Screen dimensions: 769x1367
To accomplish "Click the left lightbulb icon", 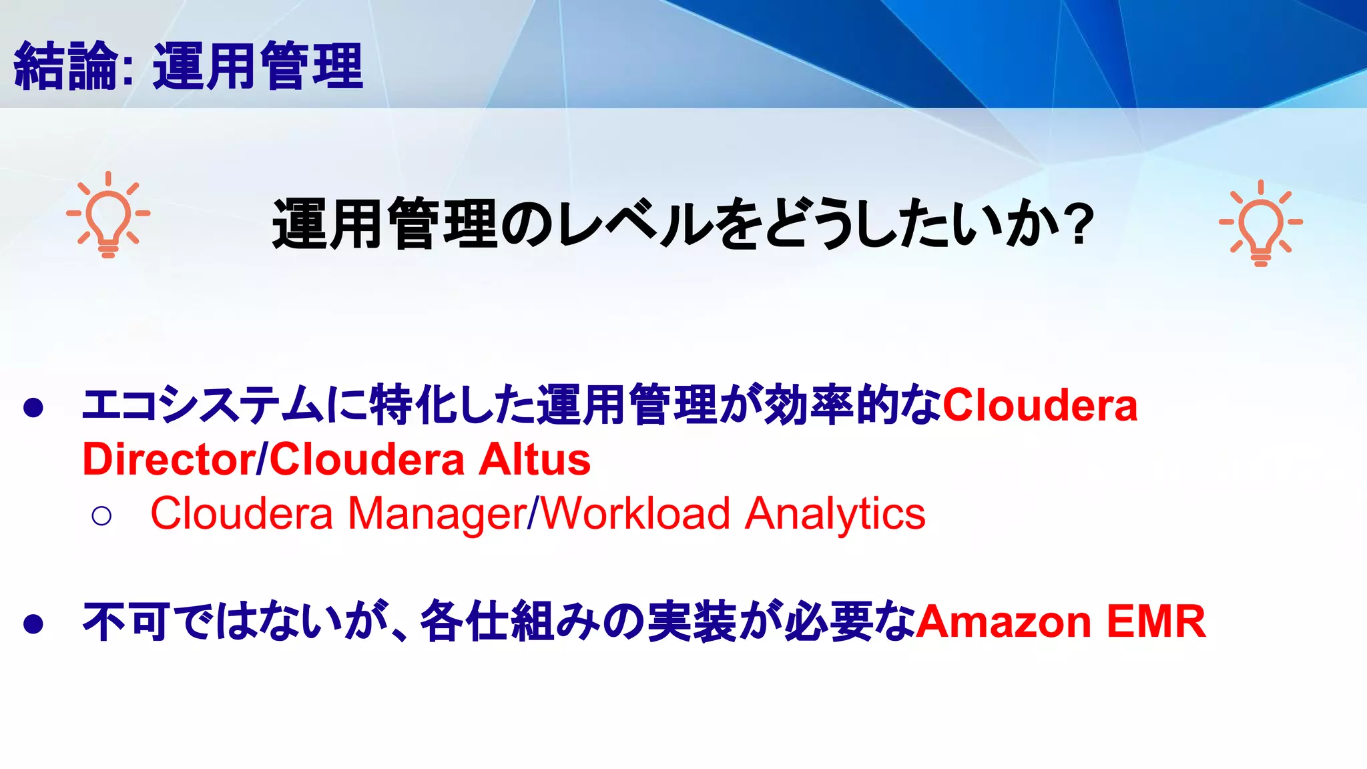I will pos(108,215).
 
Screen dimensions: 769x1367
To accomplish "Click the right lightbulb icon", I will pos(1260,224).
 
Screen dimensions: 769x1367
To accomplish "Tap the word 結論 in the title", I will pos(65,66).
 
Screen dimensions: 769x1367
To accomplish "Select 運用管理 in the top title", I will pos(258,66).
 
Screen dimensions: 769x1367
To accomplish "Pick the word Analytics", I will pos(835,514).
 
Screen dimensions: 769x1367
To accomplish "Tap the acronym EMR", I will pos(1156,621).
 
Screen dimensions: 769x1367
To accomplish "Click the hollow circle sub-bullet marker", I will pos(101,515).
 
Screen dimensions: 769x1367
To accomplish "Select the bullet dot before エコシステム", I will pos(33,407).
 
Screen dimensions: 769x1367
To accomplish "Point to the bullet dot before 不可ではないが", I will pos(33,623).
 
